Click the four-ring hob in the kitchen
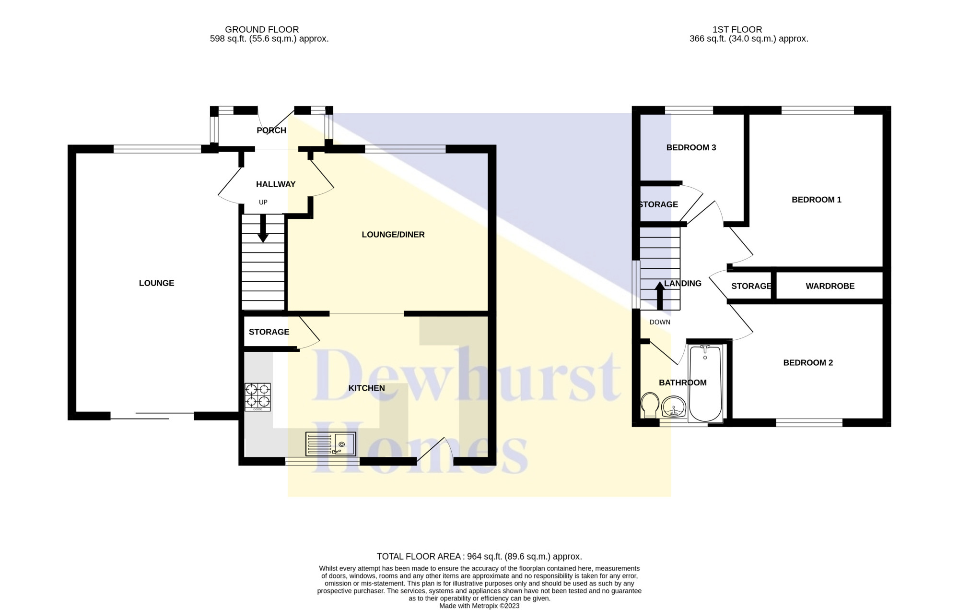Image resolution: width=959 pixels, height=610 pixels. [258, 397]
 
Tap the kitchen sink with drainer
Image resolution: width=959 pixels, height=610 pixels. [331, 444]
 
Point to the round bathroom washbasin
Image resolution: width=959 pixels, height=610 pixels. [674, 407]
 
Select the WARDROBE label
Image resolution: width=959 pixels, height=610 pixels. [830, 286]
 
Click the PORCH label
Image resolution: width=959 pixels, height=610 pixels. [271, 130]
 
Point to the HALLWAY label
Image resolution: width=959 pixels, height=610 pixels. [276, 184]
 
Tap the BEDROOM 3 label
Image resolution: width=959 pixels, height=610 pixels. [691, 147]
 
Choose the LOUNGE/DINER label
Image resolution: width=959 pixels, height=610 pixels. [393, 235]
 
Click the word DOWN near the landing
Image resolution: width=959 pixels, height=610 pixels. [660, 322]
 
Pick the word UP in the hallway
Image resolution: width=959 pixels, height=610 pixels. [263, 202]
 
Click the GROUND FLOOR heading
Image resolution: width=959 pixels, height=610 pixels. [262, 29]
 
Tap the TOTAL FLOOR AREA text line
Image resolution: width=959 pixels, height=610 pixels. [479, 557]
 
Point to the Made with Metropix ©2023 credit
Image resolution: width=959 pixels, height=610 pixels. [479, 606]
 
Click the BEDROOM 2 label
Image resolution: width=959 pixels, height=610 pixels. [808, 363]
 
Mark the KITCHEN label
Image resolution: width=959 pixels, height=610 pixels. [366, 388]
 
